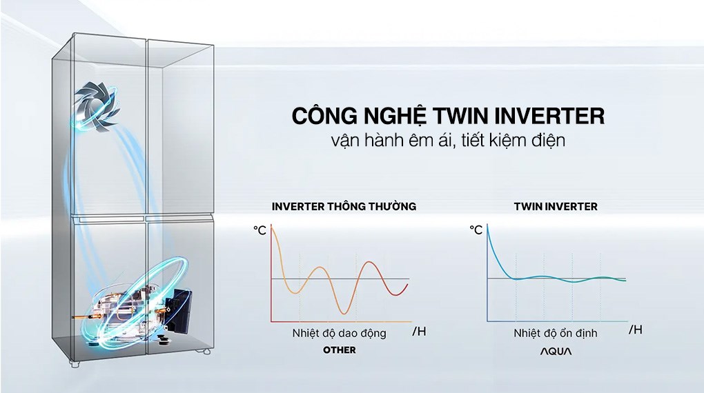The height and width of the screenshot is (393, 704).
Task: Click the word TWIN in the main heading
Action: point(460,116)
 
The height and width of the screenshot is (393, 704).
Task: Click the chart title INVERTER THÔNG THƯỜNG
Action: point(344,206)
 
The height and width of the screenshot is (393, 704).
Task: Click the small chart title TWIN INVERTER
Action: point(556,206)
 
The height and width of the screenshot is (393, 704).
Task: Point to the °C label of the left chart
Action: point(260,230)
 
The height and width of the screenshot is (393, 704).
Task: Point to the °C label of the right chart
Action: point(476,230)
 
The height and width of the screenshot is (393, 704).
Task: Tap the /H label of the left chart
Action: point(419,332)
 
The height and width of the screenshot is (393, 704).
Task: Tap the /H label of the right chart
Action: point(635,330)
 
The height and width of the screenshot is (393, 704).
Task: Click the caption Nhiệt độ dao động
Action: point(339,333)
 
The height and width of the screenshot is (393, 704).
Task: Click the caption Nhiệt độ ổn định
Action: point(555,333)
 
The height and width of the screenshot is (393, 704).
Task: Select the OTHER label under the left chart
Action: point(340,350)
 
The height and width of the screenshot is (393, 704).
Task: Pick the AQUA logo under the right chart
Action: point(556,351)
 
